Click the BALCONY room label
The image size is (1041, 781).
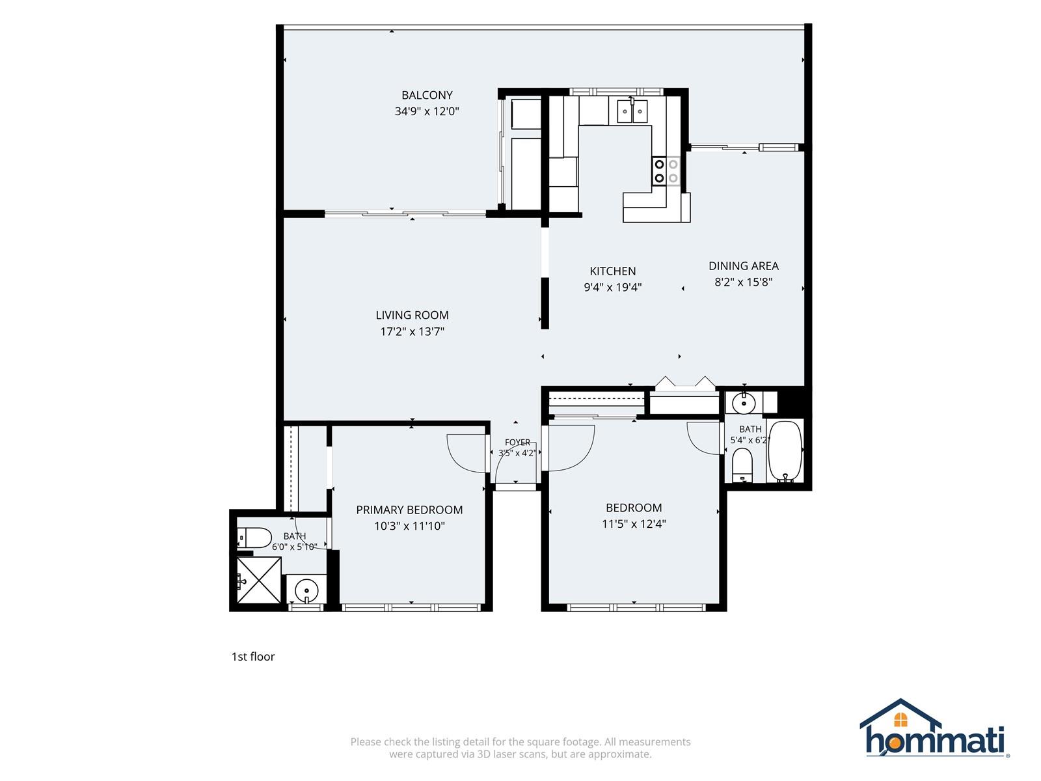[427, 95]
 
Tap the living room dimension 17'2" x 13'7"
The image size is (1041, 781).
[412, 331]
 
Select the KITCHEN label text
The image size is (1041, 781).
[612, 271]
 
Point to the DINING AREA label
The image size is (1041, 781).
[743, 266]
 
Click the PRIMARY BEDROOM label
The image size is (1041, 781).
[409, 510]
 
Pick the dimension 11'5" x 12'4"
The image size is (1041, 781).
[634, 523]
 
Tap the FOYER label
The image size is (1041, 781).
[517, 442]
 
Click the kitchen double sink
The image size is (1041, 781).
[632, 111]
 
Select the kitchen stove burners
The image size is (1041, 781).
[666, 171]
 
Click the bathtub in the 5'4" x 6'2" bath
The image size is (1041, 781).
[785, 451]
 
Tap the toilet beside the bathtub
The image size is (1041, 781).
[742, 465]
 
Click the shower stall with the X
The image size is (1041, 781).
[259, 580]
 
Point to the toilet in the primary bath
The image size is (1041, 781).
[254, 538]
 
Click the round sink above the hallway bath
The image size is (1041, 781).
[744, 404]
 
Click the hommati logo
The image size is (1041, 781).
[934, 728]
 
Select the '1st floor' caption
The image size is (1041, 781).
[253, 656]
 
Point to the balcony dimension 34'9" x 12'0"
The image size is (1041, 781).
[427, 111]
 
